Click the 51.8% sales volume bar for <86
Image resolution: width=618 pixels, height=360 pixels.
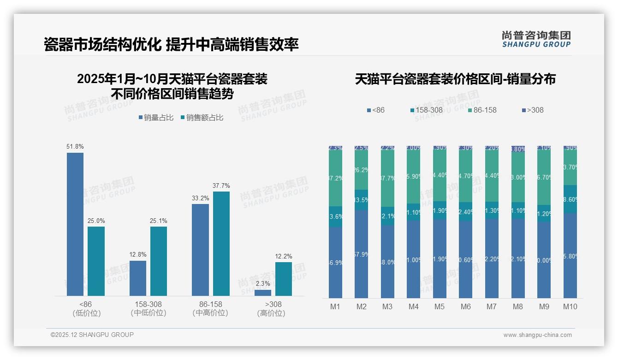(x=75, y=224)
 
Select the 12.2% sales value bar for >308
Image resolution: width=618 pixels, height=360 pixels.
(x=284, y=279)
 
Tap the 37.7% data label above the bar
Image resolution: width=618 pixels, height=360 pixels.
(x=221, y=186)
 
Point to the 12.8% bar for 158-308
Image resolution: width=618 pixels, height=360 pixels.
(x=137, y=278)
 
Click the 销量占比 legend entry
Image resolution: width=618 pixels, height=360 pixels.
(x=155, y=118)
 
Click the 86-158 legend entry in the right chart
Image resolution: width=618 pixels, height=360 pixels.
(x=481, y=110)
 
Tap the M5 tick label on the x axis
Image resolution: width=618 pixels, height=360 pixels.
(x=440, y=306)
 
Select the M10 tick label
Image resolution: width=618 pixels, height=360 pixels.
(x=570, y=306)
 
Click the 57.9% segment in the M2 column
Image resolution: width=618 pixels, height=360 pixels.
(x=362, y=254)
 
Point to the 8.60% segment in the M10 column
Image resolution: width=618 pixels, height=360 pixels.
(x=570, y=199)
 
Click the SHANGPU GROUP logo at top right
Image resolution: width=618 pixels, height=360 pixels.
(x=536, y=39)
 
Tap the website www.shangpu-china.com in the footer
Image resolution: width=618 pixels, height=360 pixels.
(x=537, y=335)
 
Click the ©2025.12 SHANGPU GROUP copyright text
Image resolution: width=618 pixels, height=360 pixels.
(x=92, y=335)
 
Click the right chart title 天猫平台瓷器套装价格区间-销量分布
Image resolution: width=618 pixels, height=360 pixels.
(x=455, y=79)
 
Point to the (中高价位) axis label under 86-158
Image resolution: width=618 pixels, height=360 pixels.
(x=210, y=313)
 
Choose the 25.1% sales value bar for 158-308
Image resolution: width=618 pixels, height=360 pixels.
(x=159, y=261)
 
